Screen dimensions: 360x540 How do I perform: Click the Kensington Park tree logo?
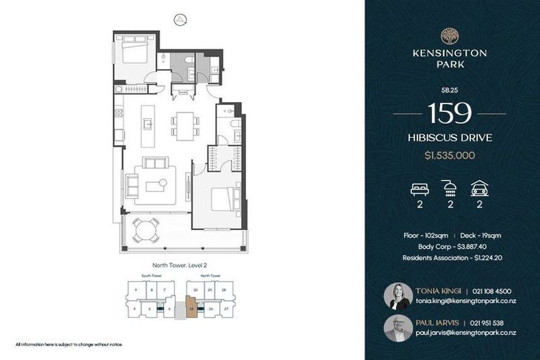[x=449, y=36]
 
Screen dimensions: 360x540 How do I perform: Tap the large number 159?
[x=449, y=113]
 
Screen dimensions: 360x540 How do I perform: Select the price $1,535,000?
[x=449, y=156]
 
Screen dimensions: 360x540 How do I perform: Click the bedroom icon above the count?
[x=419, y=188]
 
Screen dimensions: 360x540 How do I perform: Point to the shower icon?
[x=449, y=188]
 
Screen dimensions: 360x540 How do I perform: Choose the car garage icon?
[x=480, y=188]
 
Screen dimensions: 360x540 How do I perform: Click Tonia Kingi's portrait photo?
[x=398, y=296]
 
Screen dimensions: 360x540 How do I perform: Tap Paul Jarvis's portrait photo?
[x=398, y=328]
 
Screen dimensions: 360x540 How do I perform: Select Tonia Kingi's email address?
[x=465, y=301]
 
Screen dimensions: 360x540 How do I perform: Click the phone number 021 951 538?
[x=489, y=323]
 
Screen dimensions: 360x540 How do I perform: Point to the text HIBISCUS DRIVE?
[x=449, y=138]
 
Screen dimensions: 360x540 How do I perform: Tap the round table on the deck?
[x=146, y=230]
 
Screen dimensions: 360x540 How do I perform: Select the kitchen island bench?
[x=148, y=126]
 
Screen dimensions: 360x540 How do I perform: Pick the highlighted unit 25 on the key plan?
[x=191, y=308]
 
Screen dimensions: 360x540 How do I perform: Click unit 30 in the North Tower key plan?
[x=195, y=290]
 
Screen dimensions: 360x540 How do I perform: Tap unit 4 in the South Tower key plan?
[x=134, y=307]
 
